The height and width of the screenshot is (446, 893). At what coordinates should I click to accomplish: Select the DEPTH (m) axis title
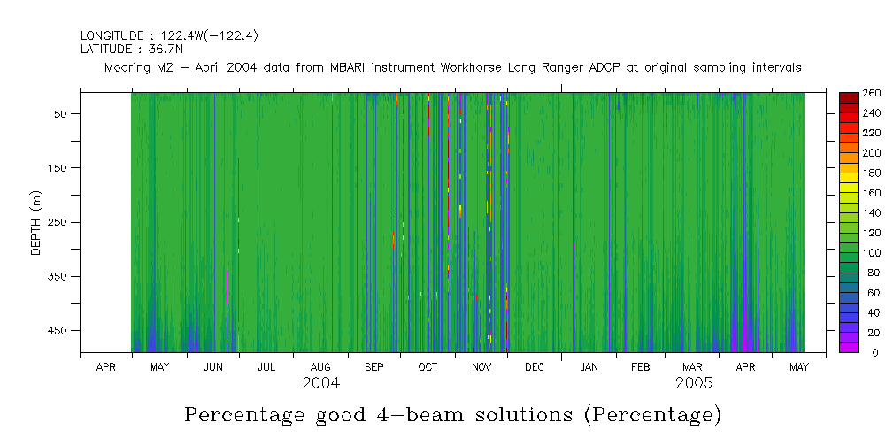(x=36, y=222)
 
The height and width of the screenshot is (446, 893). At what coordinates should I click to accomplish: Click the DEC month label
(x=534, y=366)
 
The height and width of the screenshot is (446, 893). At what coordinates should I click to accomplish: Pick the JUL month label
(x=266, y=366)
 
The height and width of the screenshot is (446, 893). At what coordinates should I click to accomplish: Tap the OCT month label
(x=427, y=366)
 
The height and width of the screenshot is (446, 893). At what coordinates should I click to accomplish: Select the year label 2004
(x=320, y=384)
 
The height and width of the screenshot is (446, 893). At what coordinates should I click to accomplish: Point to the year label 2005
(x=695, y=384)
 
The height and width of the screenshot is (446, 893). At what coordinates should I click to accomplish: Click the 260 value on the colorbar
(x=871, y=93)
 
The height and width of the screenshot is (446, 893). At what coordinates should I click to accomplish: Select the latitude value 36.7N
(x=164, y=50)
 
